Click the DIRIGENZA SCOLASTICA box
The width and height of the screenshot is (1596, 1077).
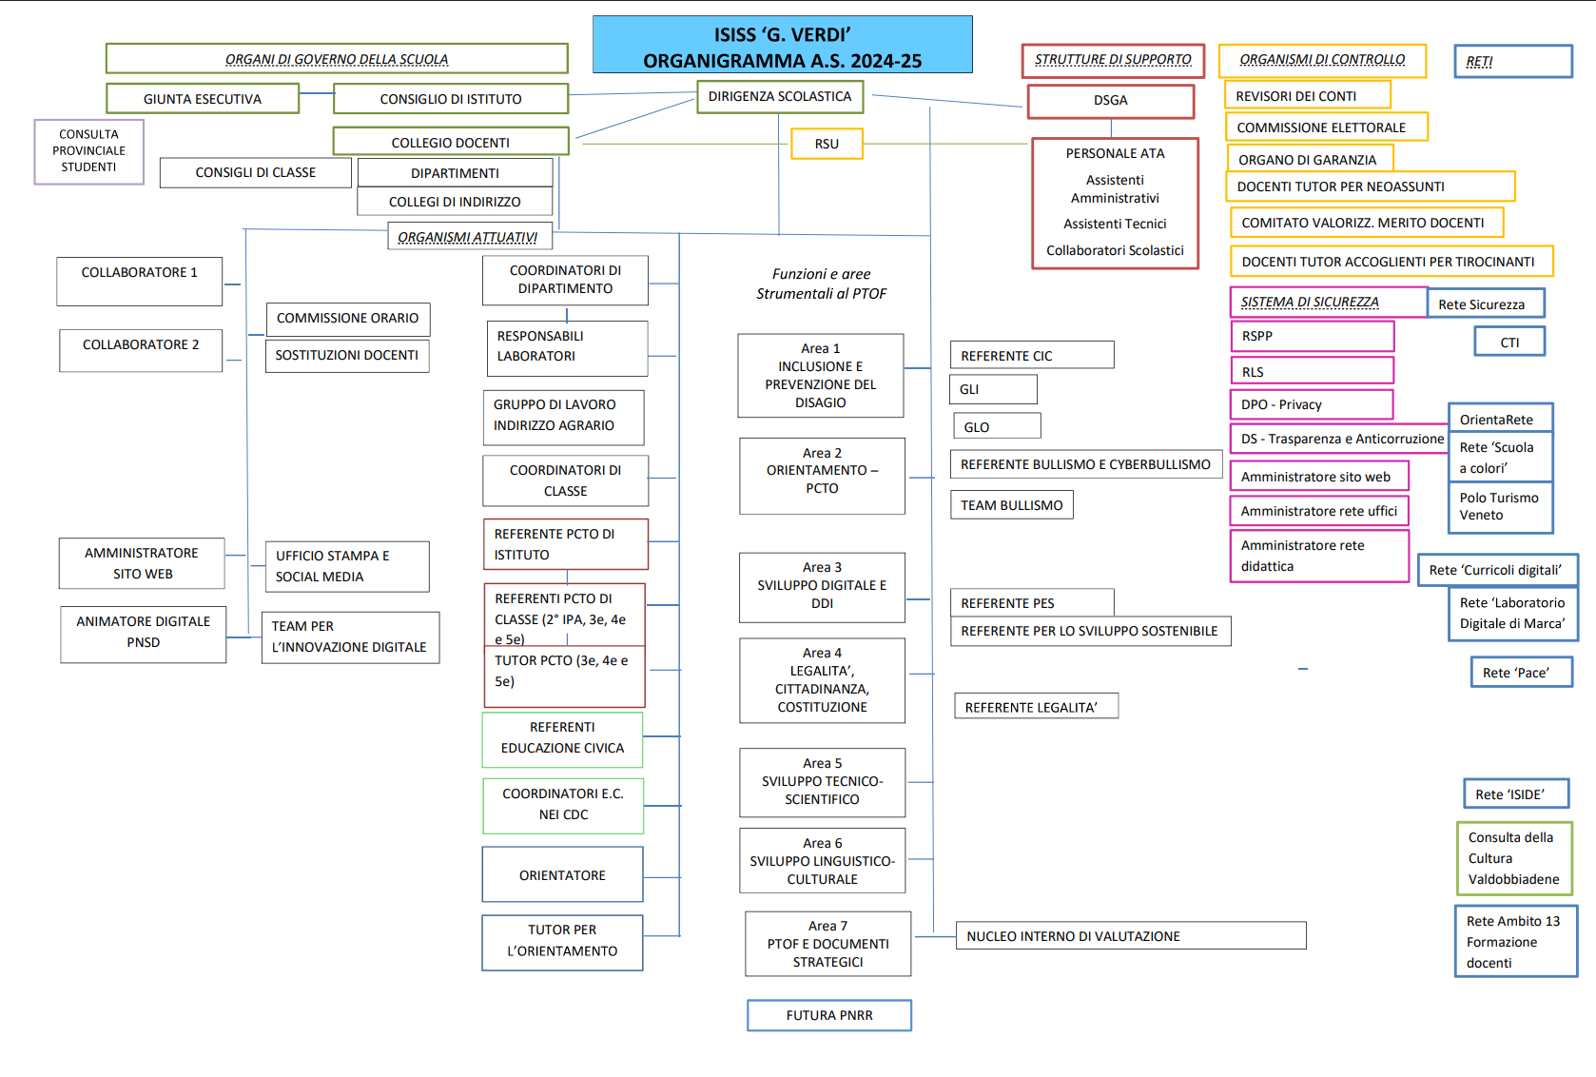pos(780,97)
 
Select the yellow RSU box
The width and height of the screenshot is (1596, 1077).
pos(827,144)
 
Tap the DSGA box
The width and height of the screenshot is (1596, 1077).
pos(1110,101)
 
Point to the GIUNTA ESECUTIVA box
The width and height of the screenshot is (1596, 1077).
pos(203,99)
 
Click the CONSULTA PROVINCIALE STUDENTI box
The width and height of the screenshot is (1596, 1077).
pos(89,151)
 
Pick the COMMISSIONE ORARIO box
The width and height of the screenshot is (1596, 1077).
pos(347,319)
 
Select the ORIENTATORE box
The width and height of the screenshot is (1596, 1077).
pos(562,875)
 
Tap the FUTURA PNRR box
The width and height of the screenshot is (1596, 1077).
pos(829,1015)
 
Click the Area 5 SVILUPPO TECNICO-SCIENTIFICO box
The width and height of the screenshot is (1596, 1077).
pos(823,782)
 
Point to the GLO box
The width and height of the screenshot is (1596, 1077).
pos(996,426)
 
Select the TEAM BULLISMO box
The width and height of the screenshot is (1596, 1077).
pos(1011,505)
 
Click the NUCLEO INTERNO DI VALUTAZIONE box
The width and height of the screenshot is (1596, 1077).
pos(1130,936)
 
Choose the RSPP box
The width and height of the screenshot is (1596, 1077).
pos(1312,337)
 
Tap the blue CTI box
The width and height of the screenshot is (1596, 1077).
pos(1509,343)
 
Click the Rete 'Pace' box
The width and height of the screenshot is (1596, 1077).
pos(1521,673)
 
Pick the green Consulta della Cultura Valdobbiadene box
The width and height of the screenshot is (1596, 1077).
pos(1514,859)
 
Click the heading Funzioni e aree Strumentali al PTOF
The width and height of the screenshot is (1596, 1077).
pos(822,284)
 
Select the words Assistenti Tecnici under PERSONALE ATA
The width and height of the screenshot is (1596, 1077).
pos(1115,225)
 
